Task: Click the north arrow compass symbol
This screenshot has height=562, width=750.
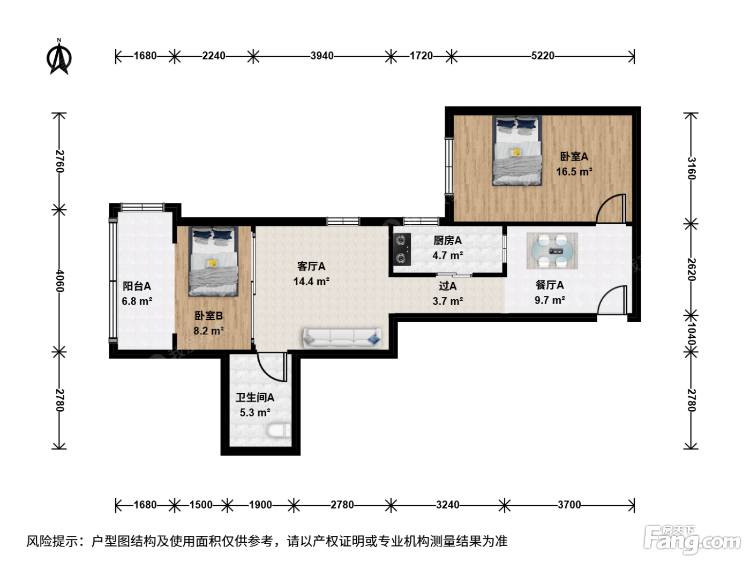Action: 59,57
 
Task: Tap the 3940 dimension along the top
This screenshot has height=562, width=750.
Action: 321,56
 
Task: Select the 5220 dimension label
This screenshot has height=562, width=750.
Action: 543,56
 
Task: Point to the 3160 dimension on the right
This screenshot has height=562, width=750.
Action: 691,168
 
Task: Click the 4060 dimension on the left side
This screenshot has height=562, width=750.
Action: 59,281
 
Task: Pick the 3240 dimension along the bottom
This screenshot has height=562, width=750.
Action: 448,505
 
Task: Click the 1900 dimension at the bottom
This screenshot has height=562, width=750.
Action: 260,505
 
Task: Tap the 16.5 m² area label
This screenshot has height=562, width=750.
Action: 574,172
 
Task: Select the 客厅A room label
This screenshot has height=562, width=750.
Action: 311,267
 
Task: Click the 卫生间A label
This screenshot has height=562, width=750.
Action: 255,398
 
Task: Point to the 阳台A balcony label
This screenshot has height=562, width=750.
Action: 137,286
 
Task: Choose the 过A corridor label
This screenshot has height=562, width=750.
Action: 448,286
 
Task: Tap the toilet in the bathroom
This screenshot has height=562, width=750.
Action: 279,430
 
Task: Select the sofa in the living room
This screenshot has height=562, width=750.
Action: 342,338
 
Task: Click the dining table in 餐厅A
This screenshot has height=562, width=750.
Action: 552,251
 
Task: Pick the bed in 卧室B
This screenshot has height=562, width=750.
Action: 214,261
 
